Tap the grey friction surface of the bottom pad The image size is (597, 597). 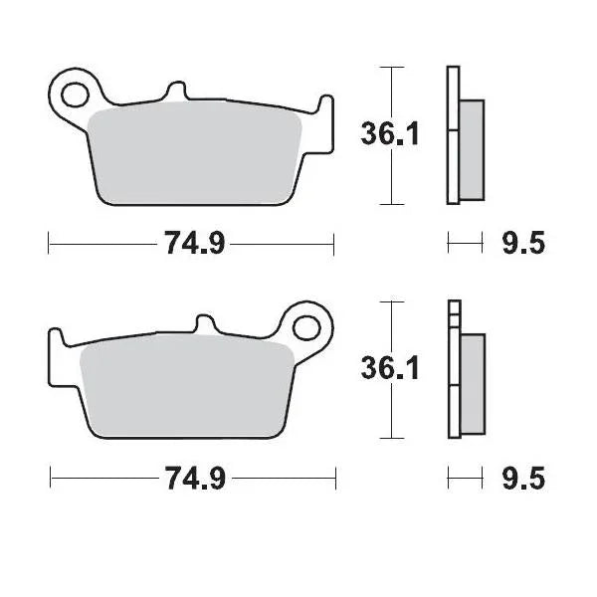(x=184, y=383)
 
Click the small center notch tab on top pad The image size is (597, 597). (x=177, y=93)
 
